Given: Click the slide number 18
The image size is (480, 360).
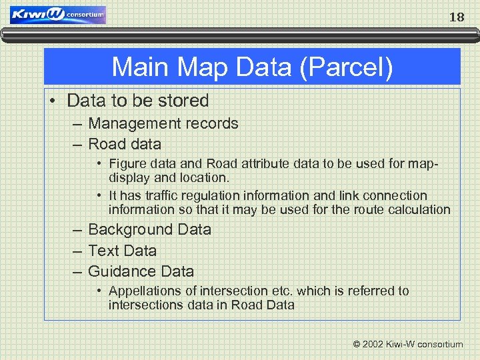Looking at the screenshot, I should tap(457, 17).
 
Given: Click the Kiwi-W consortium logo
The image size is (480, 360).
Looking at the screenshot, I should tap(58, 15).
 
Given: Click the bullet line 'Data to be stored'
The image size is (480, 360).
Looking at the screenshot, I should tap(138, 101).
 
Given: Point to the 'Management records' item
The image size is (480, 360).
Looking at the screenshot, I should tap(163, 123).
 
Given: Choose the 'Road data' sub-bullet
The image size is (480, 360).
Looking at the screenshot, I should tap(125, 144).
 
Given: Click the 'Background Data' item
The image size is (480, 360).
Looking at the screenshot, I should tap(149, 229).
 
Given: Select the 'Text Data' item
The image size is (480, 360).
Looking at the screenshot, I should tap(122, 251).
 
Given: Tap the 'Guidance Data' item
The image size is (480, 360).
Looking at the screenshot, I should tap(141, 271).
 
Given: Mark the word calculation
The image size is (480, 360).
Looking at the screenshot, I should tap(420, 210).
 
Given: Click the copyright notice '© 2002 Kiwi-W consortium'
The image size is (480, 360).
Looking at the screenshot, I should tap(407, 345).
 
